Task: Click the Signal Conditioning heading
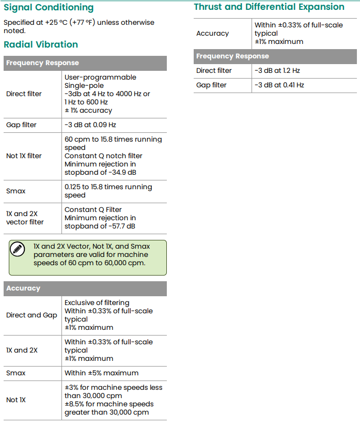[49, 8]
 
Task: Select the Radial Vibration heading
[41, 44]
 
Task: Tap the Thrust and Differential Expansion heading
[269, 7]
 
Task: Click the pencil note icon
[18, 249]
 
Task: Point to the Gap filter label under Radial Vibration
[21, 125]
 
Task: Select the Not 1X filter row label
[24, 156]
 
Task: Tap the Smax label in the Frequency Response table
[15, 191]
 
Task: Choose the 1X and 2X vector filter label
[25, 218]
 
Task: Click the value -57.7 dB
[121, 226]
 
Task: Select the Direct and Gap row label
[32, 315]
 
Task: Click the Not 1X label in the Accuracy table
[15, 400]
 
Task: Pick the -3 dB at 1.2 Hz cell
[277, 71]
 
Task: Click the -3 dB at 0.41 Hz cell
[279, 85]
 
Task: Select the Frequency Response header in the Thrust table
[232, 56]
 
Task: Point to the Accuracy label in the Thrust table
[212, 33]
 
